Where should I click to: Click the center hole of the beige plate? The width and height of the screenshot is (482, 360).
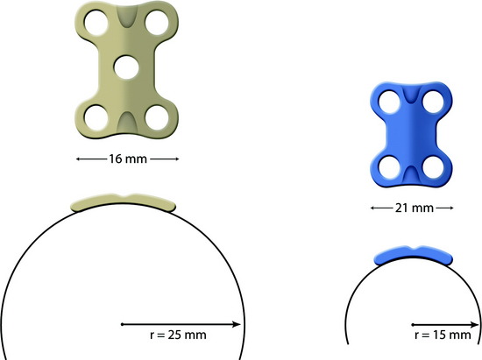click(126, 67)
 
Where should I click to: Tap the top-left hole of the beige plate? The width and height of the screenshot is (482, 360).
click(96, 23)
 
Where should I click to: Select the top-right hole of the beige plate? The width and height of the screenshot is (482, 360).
click(157, 23)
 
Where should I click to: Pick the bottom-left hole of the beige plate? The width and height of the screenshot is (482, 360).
click(96, 117)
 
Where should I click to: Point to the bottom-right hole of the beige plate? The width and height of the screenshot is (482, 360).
click(157, 117)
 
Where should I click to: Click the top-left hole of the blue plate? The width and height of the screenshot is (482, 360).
click(389, 102)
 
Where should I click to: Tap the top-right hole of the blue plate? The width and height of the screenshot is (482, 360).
click(434, 102)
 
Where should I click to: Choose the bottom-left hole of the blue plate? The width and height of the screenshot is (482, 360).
click(389, 167)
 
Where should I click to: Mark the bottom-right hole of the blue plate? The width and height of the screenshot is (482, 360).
click(434, 167)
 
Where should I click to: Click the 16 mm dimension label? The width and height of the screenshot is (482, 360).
click(128, 159)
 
